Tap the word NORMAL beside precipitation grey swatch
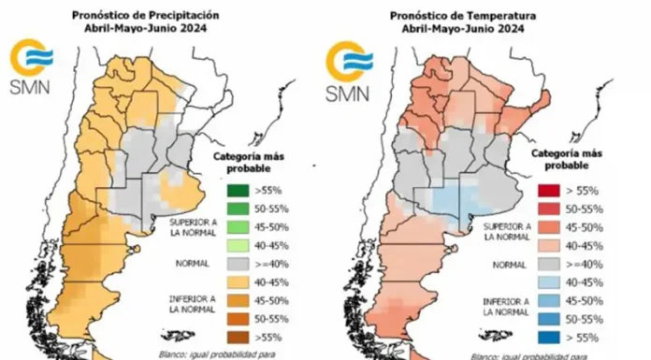click(x=191, y=263)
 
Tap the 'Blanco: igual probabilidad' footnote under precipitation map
click(x=193, y=353)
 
